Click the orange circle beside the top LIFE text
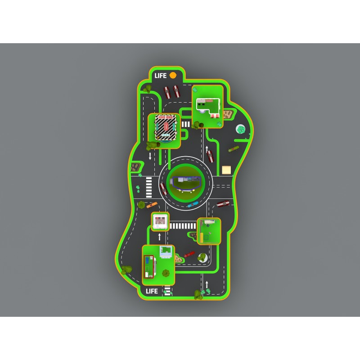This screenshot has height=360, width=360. (173, 75)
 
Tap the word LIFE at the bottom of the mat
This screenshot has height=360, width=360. (152, 291)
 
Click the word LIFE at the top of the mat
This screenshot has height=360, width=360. (161, 76)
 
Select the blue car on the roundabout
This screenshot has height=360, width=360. (193, 204)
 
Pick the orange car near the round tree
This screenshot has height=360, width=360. (152, 205)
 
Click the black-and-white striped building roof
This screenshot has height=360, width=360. (166, 127)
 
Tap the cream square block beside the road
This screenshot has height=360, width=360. (226, 170)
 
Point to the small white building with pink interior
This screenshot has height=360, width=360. (160, 221)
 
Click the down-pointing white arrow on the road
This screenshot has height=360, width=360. (150, 156)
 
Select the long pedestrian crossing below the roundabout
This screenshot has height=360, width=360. (183, 226)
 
